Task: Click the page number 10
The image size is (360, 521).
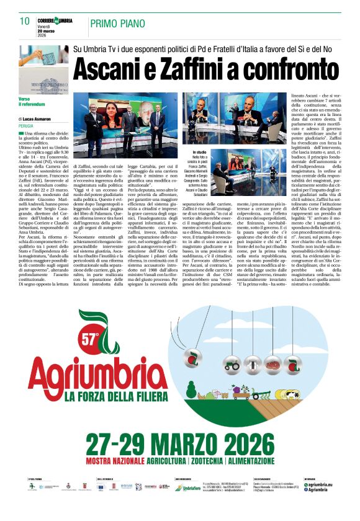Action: (x=25, y=21)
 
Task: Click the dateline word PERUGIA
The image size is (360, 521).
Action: (x=26, y=125)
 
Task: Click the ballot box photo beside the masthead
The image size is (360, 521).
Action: (x=43, y=68)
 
